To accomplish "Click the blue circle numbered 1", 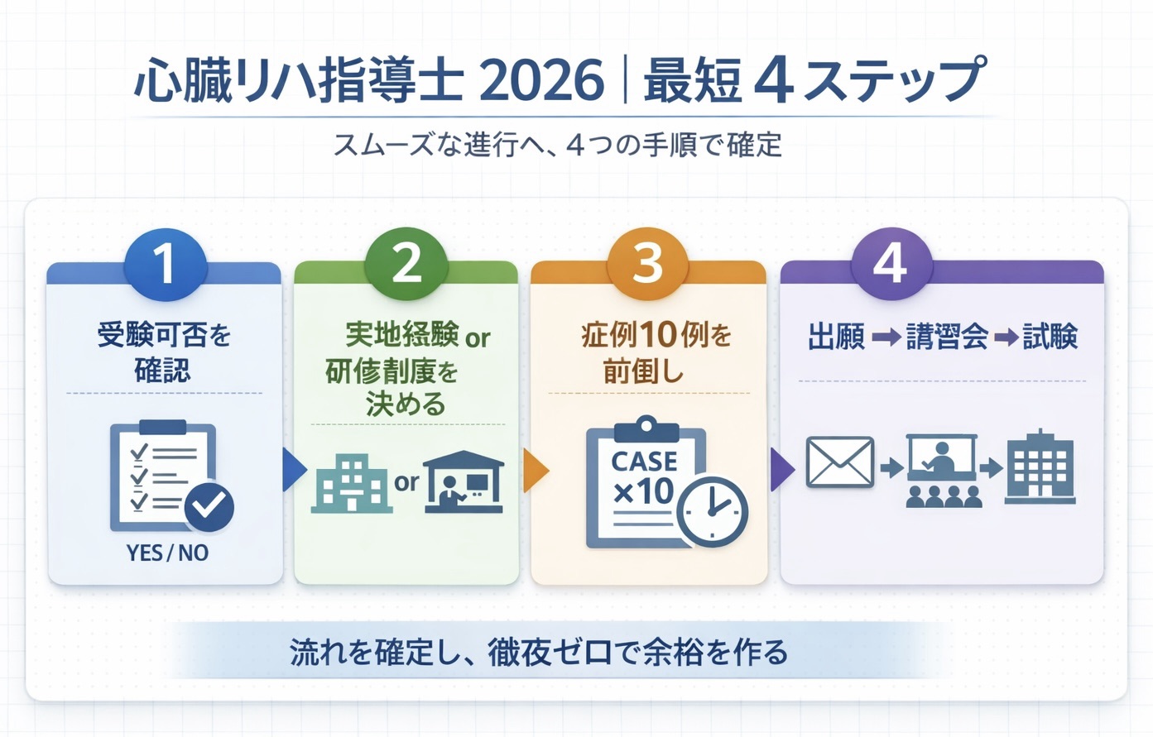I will [164, 265].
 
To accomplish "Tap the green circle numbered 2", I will [406, 265].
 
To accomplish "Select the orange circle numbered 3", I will [647, 265].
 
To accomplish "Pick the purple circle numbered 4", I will [891, 265].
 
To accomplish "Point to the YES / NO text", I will [167, 553].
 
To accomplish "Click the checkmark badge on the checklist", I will [209, 505].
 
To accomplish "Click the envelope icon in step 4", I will [839, 462].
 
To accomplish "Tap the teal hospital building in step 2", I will [351, 483].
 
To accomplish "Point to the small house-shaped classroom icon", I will [463, 482].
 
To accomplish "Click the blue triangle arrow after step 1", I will [292, 470].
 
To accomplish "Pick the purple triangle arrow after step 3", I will [781, 470].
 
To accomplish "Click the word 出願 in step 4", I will [836, 337].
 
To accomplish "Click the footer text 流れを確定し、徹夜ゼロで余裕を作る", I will [539, 652].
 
